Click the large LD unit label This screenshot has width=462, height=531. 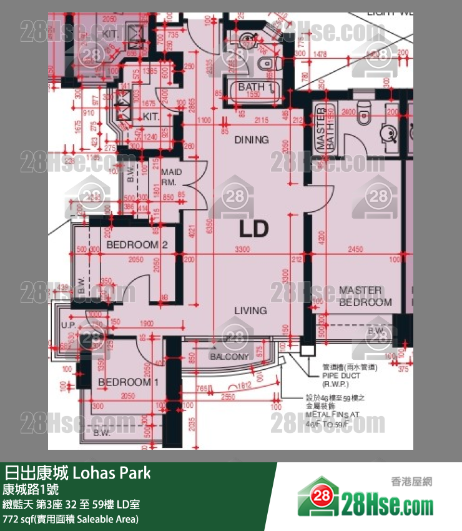coord(253,229)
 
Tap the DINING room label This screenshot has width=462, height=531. coord(252,140)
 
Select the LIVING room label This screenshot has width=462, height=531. coord(250,310)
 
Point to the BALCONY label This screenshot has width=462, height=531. coord(229,357)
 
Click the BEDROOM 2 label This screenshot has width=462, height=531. coord(137,245)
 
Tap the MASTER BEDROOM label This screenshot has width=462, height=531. coord(360,297)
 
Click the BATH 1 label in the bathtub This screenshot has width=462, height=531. coord(255,87)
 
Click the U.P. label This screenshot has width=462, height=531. coord(68,325)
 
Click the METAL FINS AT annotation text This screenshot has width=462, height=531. coord(332,414)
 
